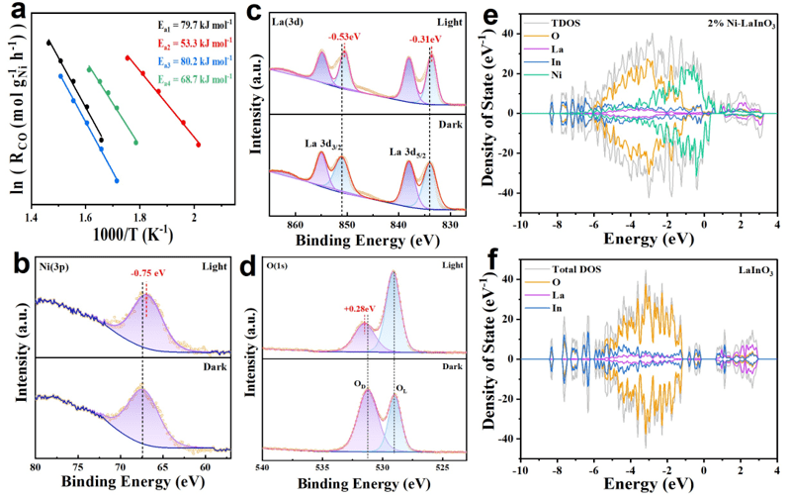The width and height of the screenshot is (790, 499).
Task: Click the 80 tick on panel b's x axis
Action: tap(36, 465)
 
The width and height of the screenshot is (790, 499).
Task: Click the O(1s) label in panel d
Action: tap(280, 262)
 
